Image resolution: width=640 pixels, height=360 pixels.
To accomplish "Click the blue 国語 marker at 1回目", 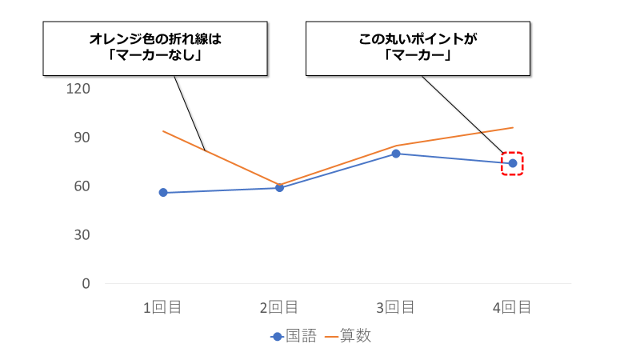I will coord(163,193).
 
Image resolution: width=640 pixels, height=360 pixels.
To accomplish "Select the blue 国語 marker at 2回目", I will coord(279,188).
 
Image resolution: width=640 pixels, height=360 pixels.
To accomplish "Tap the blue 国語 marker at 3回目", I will coord(396,154).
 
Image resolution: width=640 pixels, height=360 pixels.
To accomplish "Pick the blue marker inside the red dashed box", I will coord(512,163).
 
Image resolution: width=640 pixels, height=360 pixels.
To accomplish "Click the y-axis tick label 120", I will coord(78,88).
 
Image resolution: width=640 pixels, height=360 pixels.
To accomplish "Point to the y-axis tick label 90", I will coord(82,137).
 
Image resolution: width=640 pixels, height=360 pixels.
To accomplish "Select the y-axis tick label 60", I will coord(82,186).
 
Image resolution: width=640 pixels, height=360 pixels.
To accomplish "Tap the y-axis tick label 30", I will coord(82,234).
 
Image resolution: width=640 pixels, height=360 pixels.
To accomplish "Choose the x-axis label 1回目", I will coord(162,307).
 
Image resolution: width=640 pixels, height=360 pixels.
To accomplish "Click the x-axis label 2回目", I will coord(279,307).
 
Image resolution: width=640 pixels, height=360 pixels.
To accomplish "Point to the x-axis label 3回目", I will coord(395,307).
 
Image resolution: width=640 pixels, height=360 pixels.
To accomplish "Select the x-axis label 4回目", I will coord(512,307).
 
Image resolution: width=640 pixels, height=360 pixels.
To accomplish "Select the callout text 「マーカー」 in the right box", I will coord(418,56).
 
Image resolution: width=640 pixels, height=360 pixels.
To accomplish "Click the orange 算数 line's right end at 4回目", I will coord(512,127).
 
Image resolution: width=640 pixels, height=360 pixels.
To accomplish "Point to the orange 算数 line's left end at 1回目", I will coord(163,131).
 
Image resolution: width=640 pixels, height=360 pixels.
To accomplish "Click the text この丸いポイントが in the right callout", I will coord(418,38).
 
